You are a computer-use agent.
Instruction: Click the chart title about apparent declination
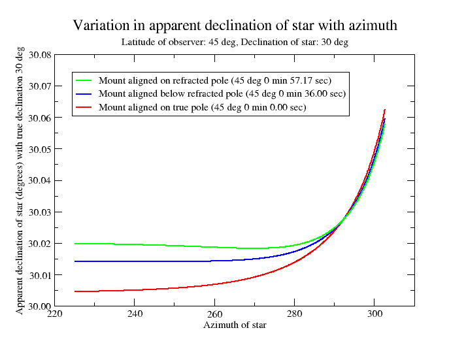coord(235,25)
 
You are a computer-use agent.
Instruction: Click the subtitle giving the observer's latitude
coord(235,42)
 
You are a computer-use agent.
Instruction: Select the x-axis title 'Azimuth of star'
coord(235,325)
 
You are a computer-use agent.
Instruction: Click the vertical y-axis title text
coord(20,180)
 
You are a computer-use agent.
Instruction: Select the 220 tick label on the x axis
coord(55,314)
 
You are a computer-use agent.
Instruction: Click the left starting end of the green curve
coord(75,244)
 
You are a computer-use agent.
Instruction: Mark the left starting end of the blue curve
coord(75,261)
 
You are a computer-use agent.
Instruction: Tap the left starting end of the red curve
coord(75,291)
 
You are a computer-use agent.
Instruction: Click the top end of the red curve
coord(385,110)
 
